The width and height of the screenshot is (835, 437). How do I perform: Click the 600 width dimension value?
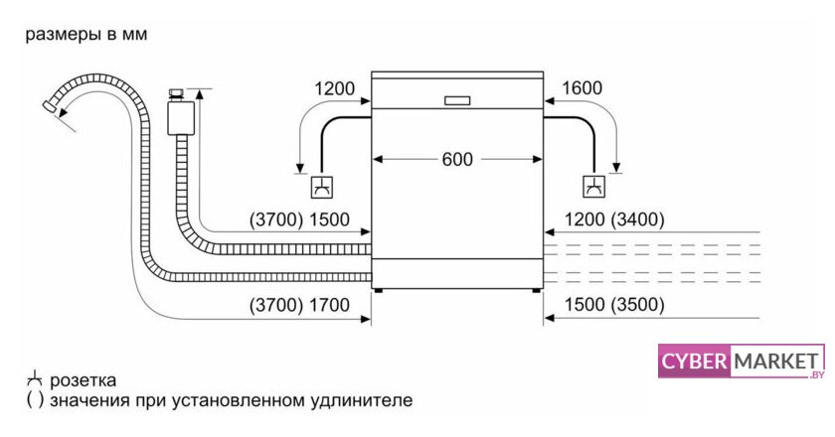tap(457, 158)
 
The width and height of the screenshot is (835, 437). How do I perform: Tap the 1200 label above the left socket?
tap(334, 88)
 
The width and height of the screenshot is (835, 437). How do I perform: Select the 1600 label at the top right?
tap(582, 88)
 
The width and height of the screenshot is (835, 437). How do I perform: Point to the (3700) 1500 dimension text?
tap(300, 219)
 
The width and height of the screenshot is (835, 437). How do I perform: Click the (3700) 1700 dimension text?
tap(300, 305)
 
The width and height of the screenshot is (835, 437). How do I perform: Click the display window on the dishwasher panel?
tap(457, 99)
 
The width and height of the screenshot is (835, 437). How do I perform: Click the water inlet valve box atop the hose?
tap(180, 114)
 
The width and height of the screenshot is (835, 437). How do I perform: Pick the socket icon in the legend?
tap(34, 379)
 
